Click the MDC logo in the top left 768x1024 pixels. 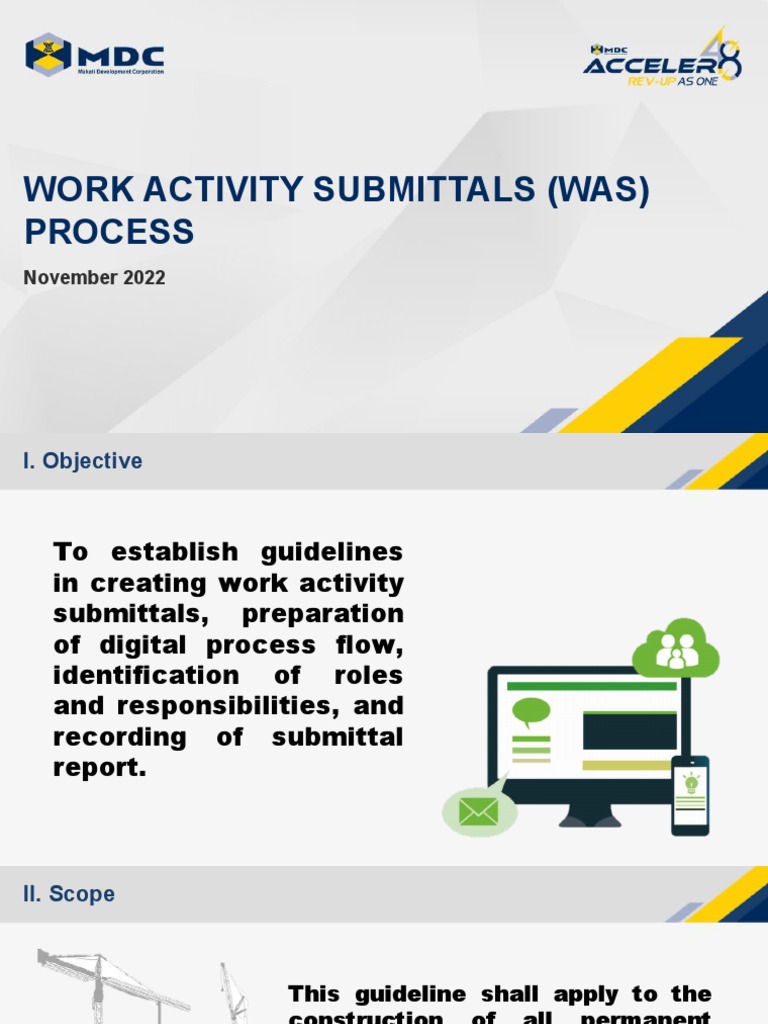(x=95, y=54)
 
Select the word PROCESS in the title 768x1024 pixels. (x=109, y=232)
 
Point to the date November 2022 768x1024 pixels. (x=94, y=278)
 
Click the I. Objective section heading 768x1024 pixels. (x=83, y=461)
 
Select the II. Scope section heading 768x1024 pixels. (x=69, y=894)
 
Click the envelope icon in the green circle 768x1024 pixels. (x=479, y=810)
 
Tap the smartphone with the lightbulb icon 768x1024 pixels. (x=690, y=795)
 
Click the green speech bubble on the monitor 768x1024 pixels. (x=531, y=713)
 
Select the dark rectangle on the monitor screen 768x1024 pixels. (x=629, y=731)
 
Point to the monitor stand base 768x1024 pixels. (x=589, y=818)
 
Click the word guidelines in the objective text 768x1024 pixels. (x=332, y=552)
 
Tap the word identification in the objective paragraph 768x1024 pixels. (x=146, y=675)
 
